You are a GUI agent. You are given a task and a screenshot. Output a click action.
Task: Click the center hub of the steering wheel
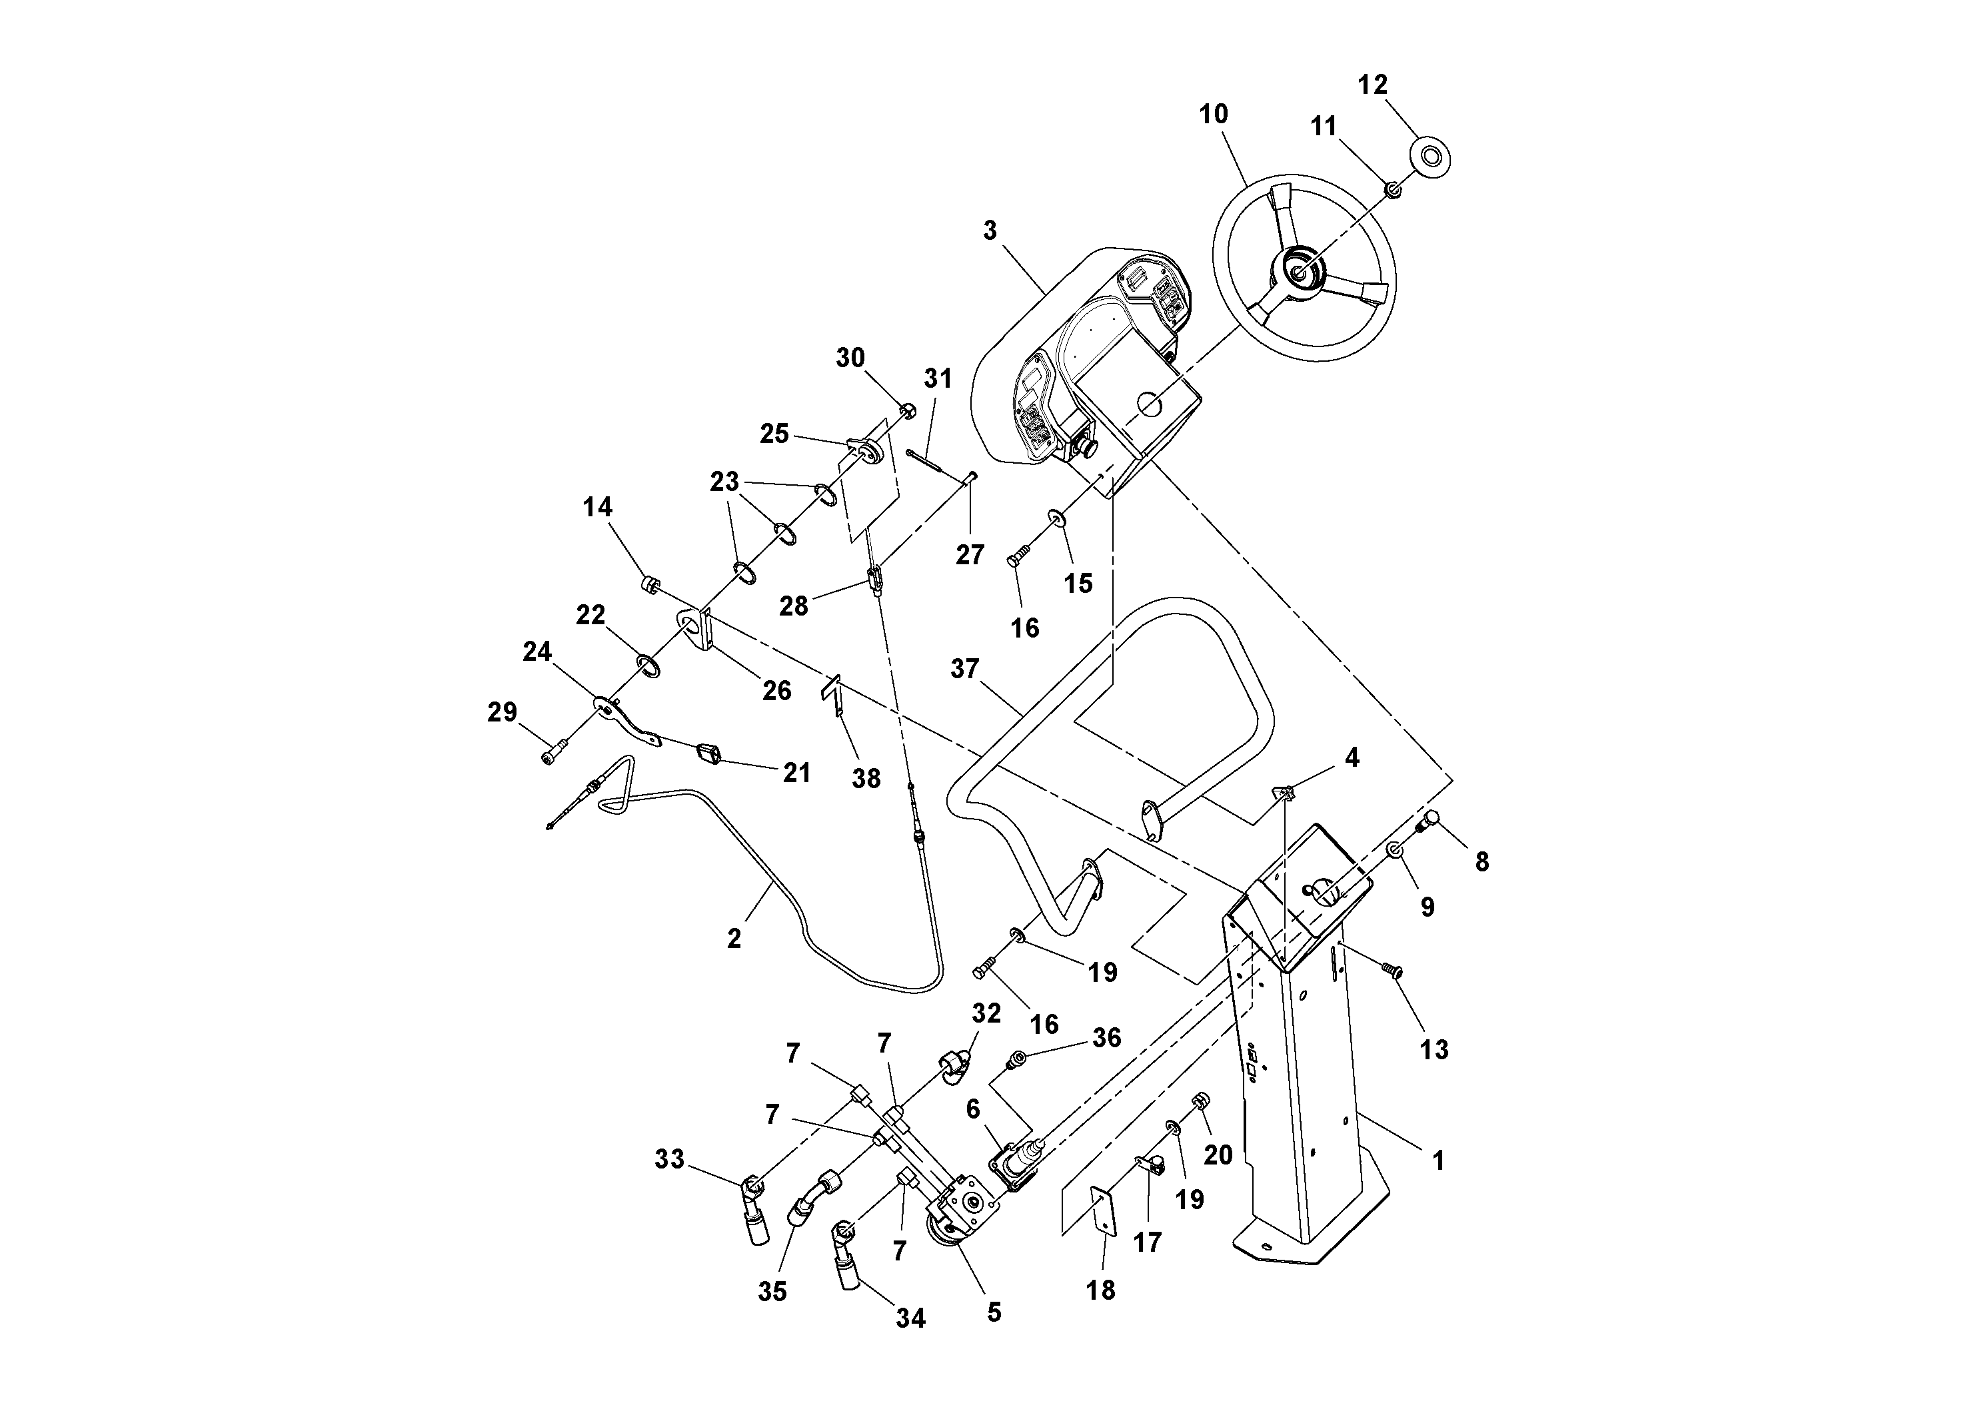point(1299,271)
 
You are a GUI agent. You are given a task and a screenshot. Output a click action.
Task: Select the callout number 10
point(1213,114)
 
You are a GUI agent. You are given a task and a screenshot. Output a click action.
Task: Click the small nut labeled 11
point(1393,189)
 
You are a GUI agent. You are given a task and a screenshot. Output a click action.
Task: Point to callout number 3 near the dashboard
point(990,231)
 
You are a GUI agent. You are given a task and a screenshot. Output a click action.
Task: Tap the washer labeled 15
point(1056,518)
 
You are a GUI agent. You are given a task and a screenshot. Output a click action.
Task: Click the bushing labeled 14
point(650,586)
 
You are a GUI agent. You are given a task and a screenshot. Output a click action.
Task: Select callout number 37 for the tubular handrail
point(964,669)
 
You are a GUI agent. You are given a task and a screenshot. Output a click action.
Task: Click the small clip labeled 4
point(1285,792)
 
